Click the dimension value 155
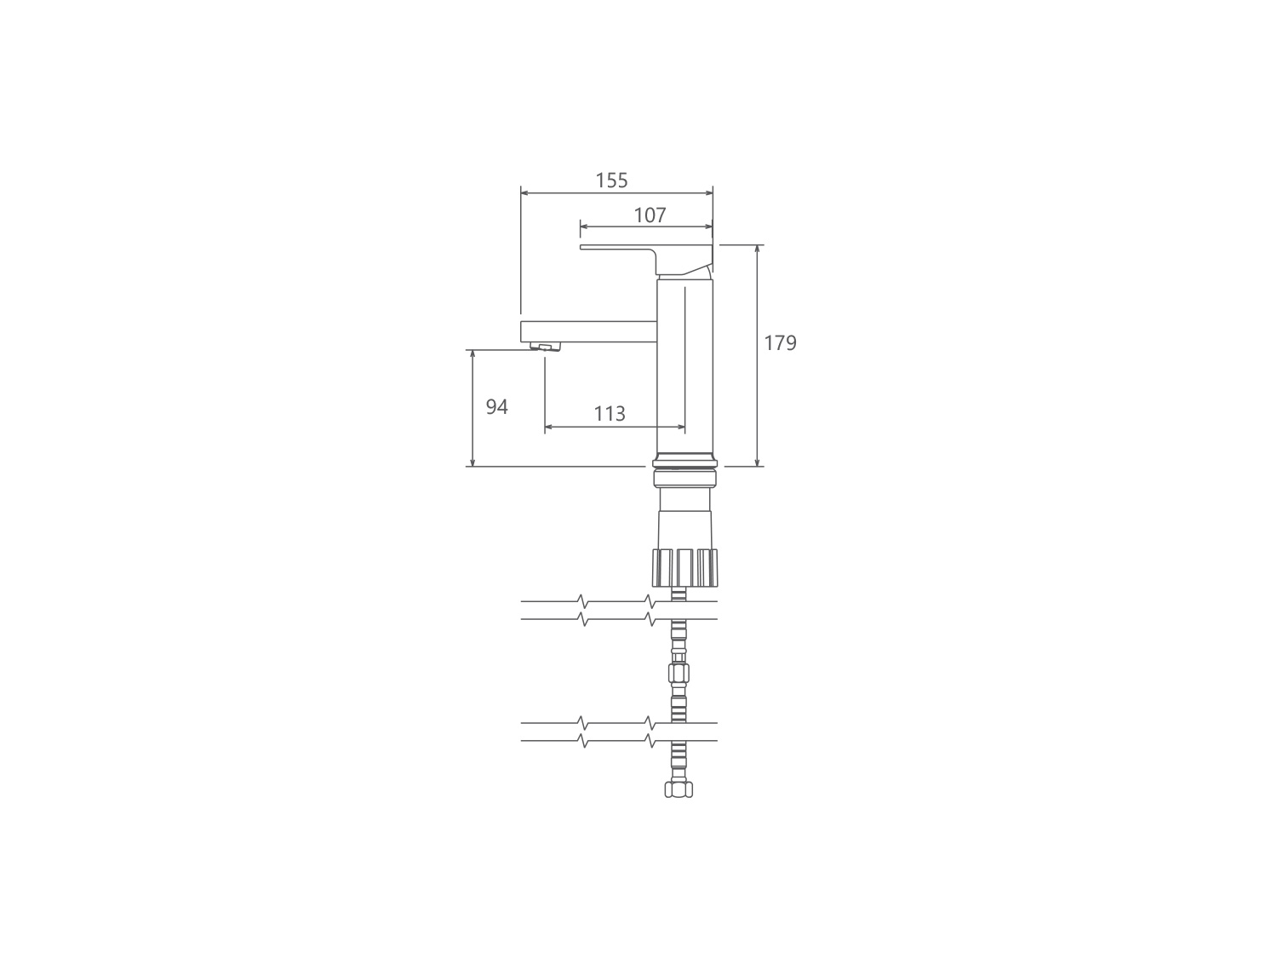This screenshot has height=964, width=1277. click(x=611, y=181)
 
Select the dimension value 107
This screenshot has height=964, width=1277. click(x=650, y=215)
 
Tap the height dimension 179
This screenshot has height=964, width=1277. click(x=780, y=343)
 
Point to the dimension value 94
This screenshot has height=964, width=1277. click(x=497, y=407)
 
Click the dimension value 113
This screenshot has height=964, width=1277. click(x=609, y=414)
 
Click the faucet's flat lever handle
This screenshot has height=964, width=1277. click(x=646, y=258)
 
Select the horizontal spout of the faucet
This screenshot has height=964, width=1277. click(x=589, y=331)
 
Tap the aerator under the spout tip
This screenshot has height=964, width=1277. click(x=545, y=347)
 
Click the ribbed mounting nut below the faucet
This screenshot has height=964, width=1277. click(x=684, y=567)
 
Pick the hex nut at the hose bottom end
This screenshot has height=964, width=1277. click(x=679, y=789)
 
